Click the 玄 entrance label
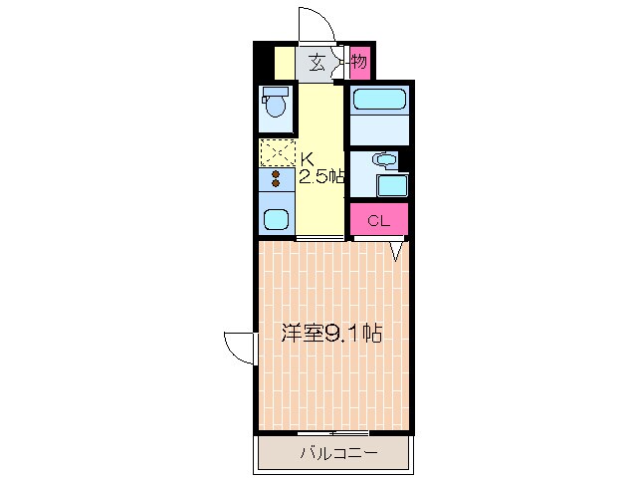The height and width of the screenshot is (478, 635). point(317,63)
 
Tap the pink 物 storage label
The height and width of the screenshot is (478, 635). point(359,62)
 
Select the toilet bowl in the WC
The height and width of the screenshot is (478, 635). point(276,106)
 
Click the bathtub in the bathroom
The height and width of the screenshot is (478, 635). point(379,100)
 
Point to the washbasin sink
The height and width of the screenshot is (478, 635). point(386,159)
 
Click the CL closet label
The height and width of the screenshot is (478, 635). point(378,221)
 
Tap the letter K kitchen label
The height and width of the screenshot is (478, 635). point(307,158)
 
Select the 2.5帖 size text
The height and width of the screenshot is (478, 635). point(321,176)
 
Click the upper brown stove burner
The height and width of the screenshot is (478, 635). point(276,174)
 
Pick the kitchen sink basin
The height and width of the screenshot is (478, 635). point(276,219)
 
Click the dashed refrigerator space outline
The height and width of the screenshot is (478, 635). point(278,152)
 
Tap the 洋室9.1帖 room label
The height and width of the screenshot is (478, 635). point(331,333)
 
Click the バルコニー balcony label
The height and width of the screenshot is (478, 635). point(338,452)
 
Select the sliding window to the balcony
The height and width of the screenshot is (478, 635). point(332,433)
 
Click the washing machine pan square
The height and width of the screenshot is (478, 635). point(391,186)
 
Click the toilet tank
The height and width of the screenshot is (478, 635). point(275,92)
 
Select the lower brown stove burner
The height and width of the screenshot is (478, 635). point(276,183)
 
